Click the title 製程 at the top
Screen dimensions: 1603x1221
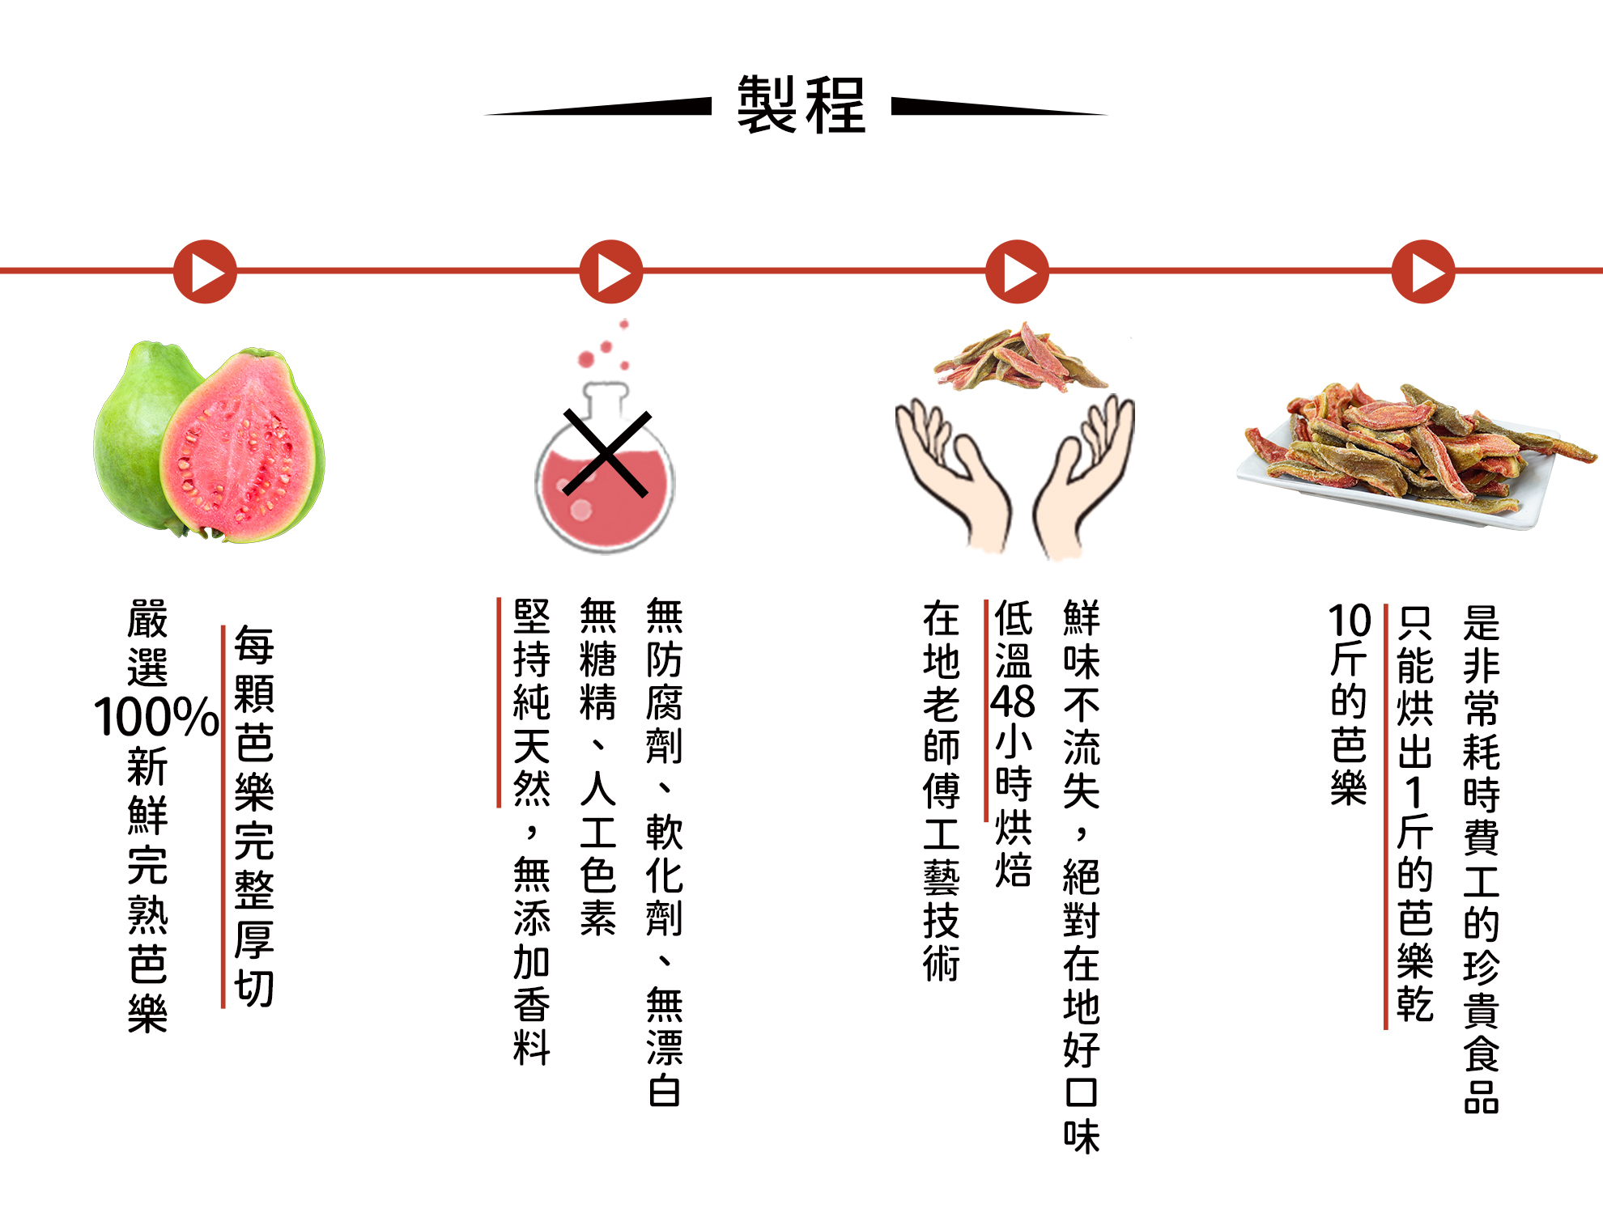pos(801,105)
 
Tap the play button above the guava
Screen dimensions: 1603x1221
pos(205,272)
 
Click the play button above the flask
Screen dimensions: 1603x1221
pos(611,272)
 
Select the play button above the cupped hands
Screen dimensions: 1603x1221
pos(1017,272)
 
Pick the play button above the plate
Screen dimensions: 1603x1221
pos(1423,272)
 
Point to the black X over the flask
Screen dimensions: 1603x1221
pos(606,453)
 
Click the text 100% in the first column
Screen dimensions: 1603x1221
pos(155,717)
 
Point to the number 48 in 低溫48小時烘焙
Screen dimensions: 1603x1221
pos(1013,702)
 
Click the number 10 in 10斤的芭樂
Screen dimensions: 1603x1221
pos(1350,621)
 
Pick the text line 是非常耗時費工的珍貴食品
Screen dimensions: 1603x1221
pos(1481,858)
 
